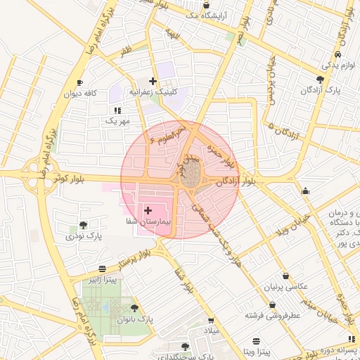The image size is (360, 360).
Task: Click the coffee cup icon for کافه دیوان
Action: (x=79, y=82)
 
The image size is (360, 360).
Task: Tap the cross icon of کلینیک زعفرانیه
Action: (x=153, y=81)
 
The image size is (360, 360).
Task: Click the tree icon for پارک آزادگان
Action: (x=321, y=79)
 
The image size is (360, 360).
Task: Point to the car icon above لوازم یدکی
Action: (x=339, y=54)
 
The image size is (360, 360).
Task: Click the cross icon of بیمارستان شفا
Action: (x=148, y=210)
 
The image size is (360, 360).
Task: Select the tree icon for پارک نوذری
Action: (x=84, y=226)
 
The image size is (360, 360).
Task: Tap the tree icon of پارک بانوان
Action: (x=134, y=308)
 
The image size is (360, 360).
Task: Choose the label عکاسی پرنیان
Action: (x=285, y=287)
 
